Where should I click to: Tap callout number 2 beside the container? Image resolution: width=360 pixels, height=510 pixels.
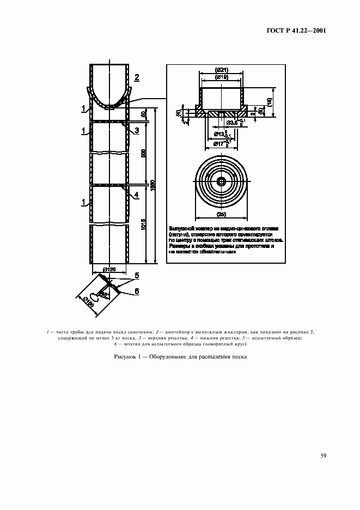(x=137, y=77)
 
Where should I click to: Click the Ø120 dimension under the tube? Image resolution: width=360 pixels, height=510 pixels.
(x=109, y=269)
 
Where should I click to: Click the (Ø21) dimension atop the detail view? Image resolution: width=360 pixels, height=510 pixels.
(x=221, y=70)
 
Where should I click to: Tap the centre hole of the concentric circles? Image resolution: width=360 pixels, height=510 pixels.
(x=221, y=180)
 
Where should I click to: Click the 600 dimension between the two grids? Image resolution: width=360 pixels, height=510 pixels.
(x=143, y=154)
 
